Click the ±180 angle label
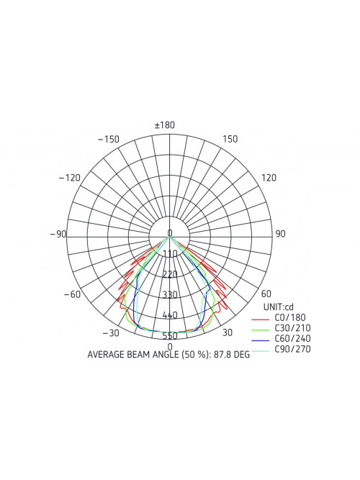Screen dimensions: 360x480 (165, 125)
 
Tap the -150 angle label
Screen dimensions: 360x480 (109, 140)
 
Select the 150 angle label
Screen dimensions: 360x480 (230, 139)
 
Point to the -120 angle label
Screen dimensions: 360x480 (70, 178)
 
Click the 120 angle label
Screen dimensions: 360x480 (269, 178)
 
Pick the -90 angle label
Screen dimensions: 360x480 (58, 234)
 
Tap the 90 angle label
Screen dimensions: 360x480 (280, 234)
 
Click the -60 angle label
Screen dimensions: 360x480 (72, 294)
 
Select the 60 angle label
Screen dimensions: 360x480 (266, 294)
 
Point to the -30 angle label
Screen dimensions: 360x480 (111, 333)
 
